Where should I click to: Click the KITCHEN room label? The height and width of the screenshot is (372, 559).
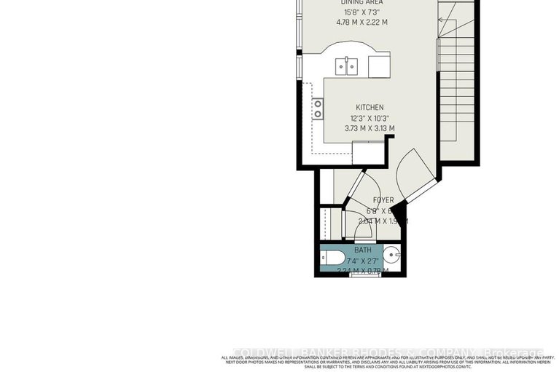pyautogui.click(x=370, y=108)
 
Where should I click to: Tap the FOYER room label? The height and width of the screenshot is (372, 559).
pyautogui.click(x=383, y=200)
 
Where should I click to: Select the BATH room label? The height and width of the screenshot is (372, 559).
pyautogui.click(x=362, y=250)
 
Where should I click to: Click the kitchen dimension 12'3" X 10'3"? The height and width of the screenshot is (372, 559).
pyautogui.click(x=370, y=118)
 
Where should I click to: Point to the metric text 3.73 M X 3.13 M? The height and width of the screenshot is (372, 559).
pyautogui.click(x=370, y=128)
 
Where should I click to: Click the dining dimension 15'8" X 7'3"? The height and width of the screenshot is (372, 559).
pyautogui.click(x=361, y=12)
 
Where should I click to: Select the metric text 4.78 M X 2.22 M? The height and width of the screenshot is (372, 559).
pyautogui.click(x=361, y=22)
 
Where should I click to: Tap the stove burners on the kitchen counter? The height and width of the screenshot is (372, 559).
pyautogui.click(x=318, y=108)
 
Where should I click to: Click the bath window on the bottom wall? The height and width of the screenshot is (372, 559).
pyautogui.click(x=361, y=275)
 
